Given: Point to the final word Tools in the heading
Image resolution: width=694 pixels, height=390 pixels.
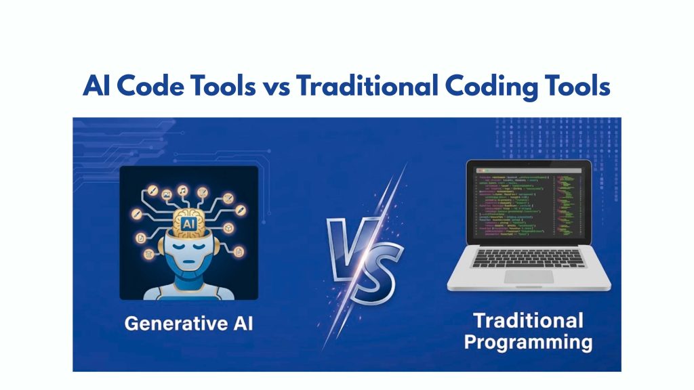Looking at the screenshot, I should [x=574, y=87].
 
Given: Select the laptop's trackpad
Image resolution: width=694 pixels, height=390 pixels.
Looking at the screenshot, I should [x=528, y=277].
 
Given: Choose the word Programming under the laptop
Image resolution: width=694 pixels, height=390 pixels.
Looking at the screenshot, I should [x=527, y=342].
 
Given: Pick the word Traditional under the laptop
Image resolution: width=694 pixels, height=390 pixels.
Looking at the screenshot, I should [x=527, y=319].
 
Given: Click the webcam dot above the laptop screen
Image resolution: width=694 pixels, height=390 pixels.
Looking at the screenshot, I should [x=527, y=162].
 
